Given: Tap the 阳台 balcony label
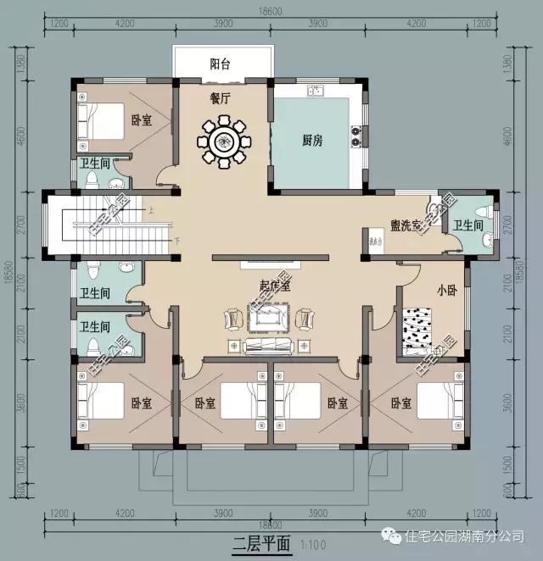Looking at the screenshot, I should tap(222, 64).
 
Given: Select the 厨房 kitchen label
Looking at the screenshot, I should tap(312, 141).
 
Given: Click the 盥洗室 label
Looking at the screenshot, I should tap(406, 225).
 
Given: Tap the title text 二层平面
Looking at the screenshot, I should tap(260, 542).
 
